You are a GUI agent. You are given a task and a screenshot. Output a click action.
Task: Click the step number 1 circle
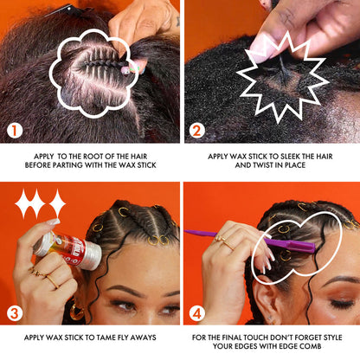[15, 131]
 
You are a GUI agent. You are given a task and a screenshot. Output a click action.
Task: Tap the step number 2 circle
[196, 131]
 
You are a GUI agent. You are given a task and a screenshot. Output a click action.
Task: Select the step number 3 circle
[15, 313]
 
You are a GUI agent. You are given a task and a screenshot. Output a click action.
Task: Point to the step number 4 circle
[196, 313]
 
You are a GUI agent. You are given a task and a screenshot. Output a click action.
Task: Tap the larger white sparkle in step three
[30, 204]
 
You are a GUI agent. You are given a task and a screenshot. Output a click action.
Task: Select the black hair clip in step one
[65, 11]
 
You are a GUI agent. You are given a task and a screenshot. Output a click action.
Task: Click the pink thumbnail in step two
[261, 49]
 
